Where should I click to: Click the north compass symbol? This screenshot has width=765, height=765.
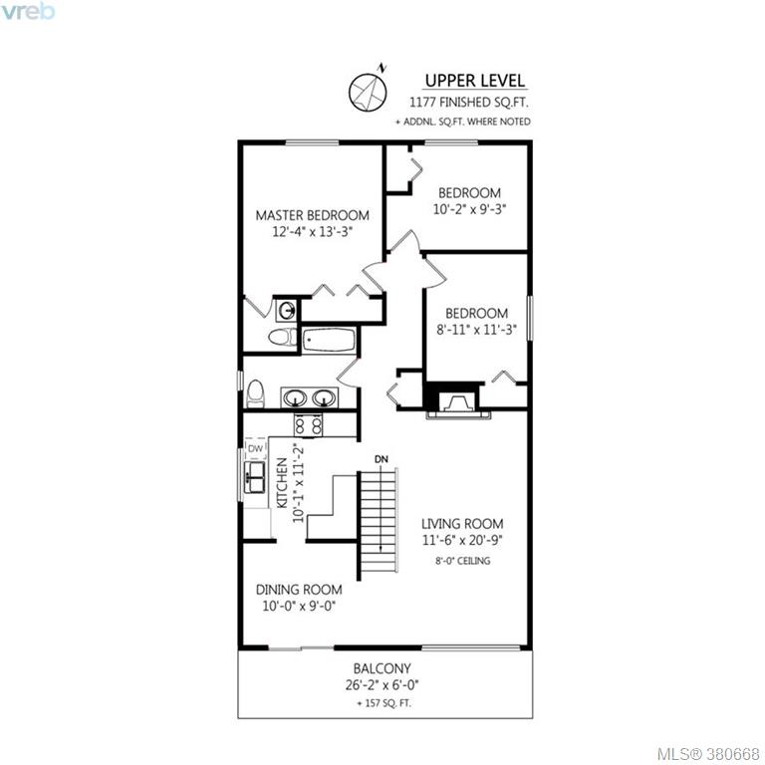368,91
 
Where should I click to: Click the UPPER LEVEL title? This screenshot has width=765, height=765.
475,81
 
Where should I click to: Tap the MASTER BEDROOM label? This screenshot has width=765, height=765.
312,215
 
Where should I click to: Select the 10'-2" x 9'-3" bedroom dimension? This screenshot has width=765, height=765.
469,209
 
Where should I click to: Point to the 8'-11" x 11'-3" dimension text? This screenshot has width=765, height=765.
476,330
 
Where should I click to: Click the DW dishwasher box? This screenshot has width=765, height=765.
256,448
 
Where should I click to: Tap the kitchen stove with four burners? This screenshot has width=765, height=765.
309,425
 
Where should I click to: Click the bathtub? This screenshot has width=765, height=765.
329,340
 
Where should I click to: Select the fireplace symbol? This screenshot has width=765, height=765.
457,402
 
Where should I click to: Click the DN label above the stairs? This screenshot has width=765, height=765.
382,459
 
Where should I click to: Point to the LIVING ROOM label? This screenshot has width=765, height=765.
462,524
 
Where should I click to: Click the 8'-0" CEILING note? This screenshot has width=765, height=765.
462,561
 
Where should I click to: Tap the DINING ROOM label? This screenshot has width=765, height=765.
299,590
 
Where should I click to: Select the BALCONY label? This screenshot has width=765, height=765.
382,668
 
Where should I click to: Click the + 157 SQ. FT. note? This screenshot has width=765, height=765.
383,703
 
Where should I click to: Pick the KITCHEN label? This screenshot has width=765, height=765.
282,483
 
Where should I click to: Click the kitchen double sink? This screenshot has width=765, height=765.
255,477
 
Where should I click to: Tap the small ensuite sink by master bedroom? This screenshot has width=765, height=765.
287,311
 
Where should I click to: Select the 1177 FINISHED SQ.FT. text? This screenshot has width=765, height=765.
469,103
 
